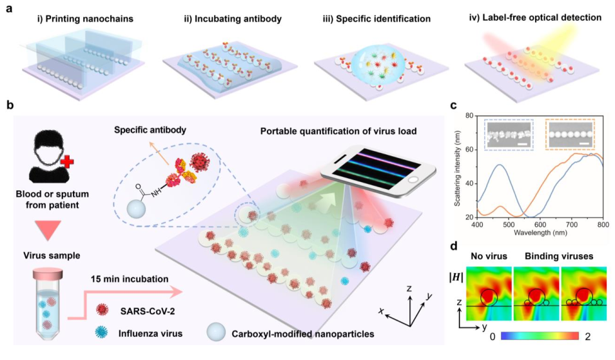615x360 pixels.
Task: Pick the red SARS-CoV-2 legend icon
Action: tap(101, 309)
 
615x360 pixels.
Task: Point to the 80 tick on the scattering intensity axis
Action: tap(469, 116)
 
